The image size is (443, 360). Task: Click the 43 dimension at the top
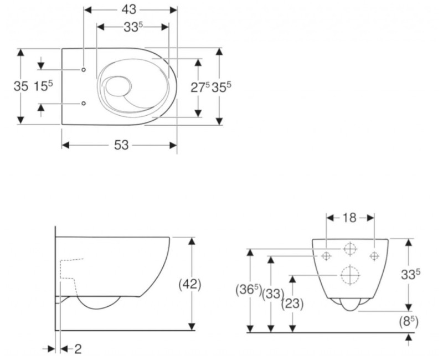[x=130, y=10]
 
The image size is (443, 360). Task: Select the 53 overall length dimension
[x=121, y=145]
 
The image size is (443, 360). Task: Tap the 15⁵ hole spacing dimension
[x=43, y=86]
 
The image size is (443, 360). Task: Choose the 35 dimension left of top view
[x=20, y=86]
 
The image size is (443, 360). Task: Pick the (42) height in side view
[x=190, y=284]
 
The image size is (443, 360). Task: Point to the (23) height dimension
[x=291, y=304]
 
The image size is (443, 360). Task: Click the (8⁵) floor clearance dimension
[x=409, y=320]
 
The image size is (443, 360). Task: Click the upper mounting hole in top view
[x=84, y=70]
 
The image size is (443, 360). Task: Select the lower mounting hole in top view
[x=84, y=103]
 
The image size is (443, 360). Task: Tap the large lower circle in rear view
[x=350, y=275]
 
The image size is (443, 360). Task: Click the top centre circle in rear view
[x=350, y=249]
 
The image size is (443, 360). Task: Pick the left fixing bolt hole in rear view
[x=326, y=256]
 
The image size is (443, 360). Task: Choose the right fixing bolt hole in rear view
[x=374, y=256]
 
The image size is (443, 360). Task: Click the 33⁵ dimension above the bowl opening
[x=131, y=28]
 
